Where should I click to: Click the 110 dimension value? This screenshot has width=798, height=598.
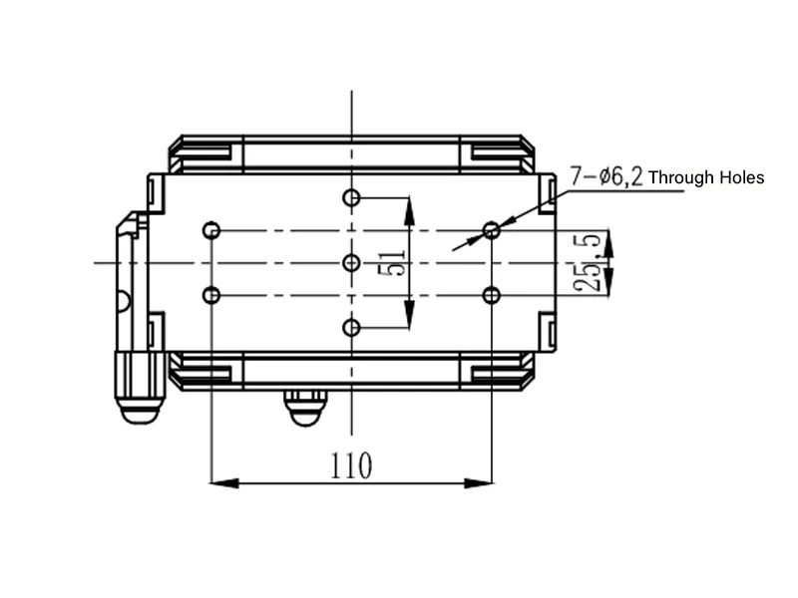351,465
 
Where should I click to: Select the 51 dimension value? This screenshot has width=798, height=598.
392,262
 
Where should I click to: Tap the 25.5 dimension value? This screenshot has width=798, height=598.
588,263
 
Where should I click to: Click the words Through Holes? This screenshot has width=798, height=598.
706,177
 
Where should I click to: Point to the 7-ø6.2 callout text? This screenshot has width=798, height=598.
606,176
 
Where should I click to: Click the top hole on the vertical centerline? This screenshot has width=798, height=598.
351,197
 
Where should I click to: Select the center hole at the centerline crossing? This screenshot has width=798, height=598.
351,263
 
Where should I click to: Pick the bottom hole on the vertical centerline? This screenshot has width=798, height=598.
351,328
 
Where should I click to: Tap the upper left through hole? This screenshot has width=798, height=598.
211,230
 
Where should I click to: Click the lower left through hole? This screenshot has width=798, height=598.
211,295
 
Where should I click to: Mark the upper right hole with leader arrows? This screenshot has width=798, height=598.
491,230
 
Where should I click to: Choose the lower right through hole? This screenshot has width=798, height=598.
491,295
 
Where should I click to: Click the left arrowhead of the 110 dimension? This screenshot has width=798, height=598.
224,483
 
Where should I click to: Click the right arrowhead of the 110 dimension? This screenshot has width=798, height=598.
479,483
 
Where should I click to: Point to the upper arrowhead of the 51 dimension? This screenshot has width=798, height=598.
409,211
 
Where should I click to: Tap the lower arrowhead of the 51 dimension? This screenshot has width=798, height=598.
409,314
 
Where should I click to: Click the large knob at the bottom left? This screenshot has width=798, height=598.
141,387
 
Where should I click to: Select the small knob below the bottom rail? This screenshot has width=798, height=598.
305,408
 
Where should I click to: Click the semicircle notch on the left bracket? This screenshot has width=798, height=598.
124,301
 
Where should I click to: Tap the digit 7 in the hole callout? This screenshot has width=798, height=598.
576,176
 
